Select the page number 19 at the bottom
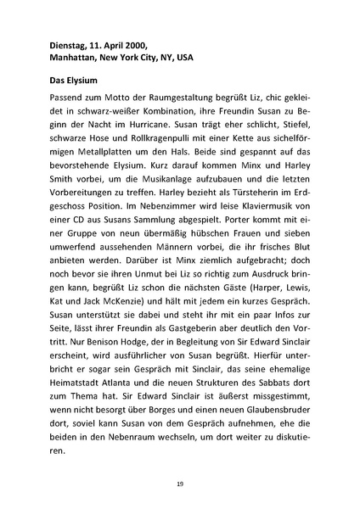180,484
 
